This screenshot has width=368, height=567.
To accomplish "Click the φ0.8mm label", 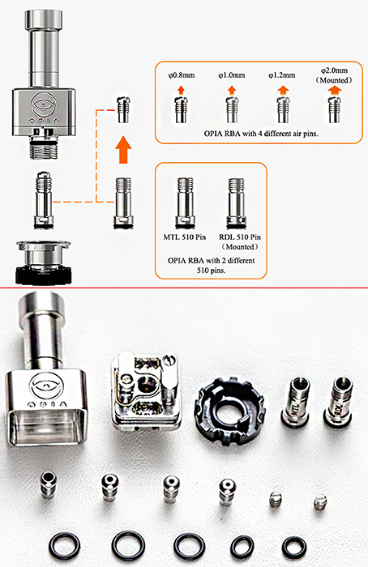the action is point(182,75).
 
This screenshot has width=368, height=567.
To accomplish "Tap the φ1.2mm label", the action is point(281,75).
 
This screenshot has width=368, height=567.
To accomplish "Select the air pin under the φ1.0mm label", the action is point(232,109).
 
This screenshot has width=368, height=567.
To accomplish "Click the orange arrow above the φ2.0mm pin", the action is point(334,91).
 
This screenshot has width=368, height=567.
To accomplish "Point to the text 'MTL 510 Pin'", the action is point(185,237).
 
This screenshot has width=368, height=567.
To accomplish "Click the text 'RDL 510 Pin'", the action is point(240,237).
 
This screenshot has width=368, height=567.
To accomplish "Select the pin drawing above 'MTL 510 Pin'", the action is point(185,202).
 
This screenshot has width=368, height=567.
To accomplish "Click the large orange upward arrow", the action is point(123,150).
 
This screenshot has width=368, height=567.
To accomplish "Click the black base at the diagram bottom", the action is point(44,275).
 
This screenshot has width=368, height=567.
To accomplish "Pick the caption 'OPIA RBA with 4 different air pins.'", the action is point(261,134).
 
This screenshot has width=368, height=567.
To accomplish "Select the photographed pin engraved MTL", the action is point(295,400).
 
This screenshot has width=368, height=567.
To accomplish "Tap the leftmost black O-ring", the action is point(64,546).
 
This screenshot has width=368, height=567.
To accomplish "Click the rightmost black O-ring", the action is point(294,547).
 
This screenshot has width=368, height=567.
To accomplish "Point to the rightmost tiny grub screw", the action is point(320,501).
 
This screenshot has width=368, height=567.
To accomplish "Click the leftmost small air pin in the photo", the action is point(49,484).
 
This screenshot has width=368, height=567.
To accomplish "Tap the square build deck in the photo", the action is point(145,391).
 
